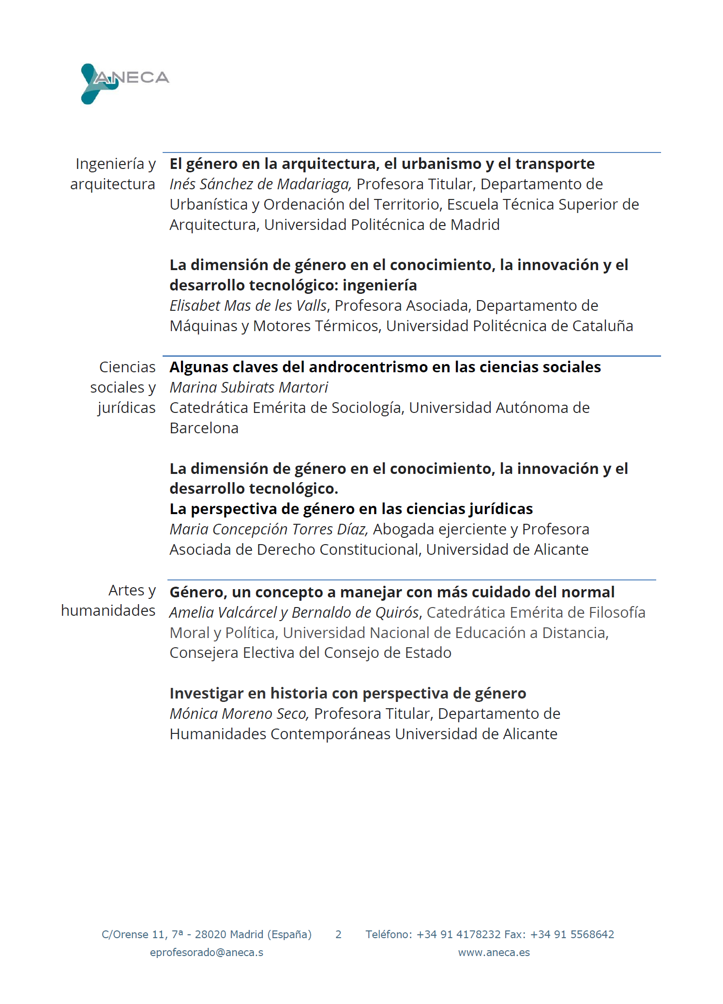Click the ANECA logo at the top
(125, 82)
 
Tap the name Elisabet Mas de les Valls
(248, 306)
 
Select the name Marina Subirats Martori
(249, 388)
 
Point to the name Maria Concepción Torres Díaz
(269, 530)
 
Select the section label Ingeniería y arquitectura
(113, 174)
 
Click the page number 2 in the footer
(338, 935)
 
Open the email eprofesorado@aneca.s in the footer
(207, 953)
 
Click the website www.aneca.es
(494, 953)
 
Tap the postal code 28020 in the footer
(210, 935)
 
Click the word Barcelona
(204, 428)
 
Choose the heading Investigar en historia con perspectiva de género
(347, 694)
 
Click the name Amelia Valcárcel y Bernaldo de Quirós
(294, 613)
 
